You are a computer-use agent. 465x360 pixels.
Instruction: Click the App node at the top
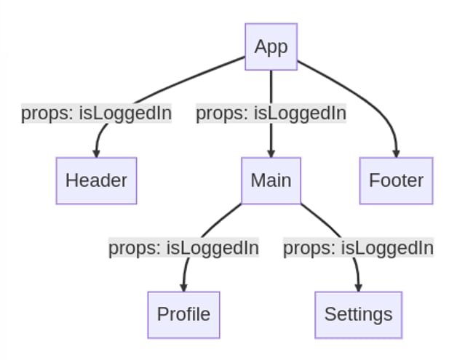tap(271, 47)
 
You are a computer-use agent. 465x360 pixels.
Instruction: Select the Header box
tap(96, 180)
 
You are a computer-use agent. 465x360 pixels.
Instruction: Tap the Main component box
tap(271, 180)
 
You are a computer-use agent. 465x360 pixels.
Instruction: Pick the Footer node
tap(396, 180)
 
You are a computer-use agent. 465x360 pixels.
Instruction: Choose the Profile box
tap(183, 314)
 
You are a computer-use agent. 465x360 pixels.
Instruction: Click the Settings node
tap(358, 314)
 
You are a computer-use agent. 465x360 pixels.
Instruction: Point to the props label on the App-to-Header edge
tap(96, 113)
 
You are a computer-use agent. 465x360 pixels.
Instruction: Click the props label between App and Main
tap(271, 113)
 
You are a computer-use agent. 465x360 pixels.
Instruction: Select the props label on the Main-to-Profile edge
tap(183, 248)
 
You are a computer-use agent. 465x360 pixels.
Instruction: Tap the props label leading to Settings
tap(358, 248)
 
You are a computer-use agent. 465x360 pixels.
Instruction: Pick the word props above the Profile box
tap(134, 248)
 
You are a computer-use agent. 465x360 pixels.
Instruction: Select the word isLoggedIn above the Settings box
tap(387, 248)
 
